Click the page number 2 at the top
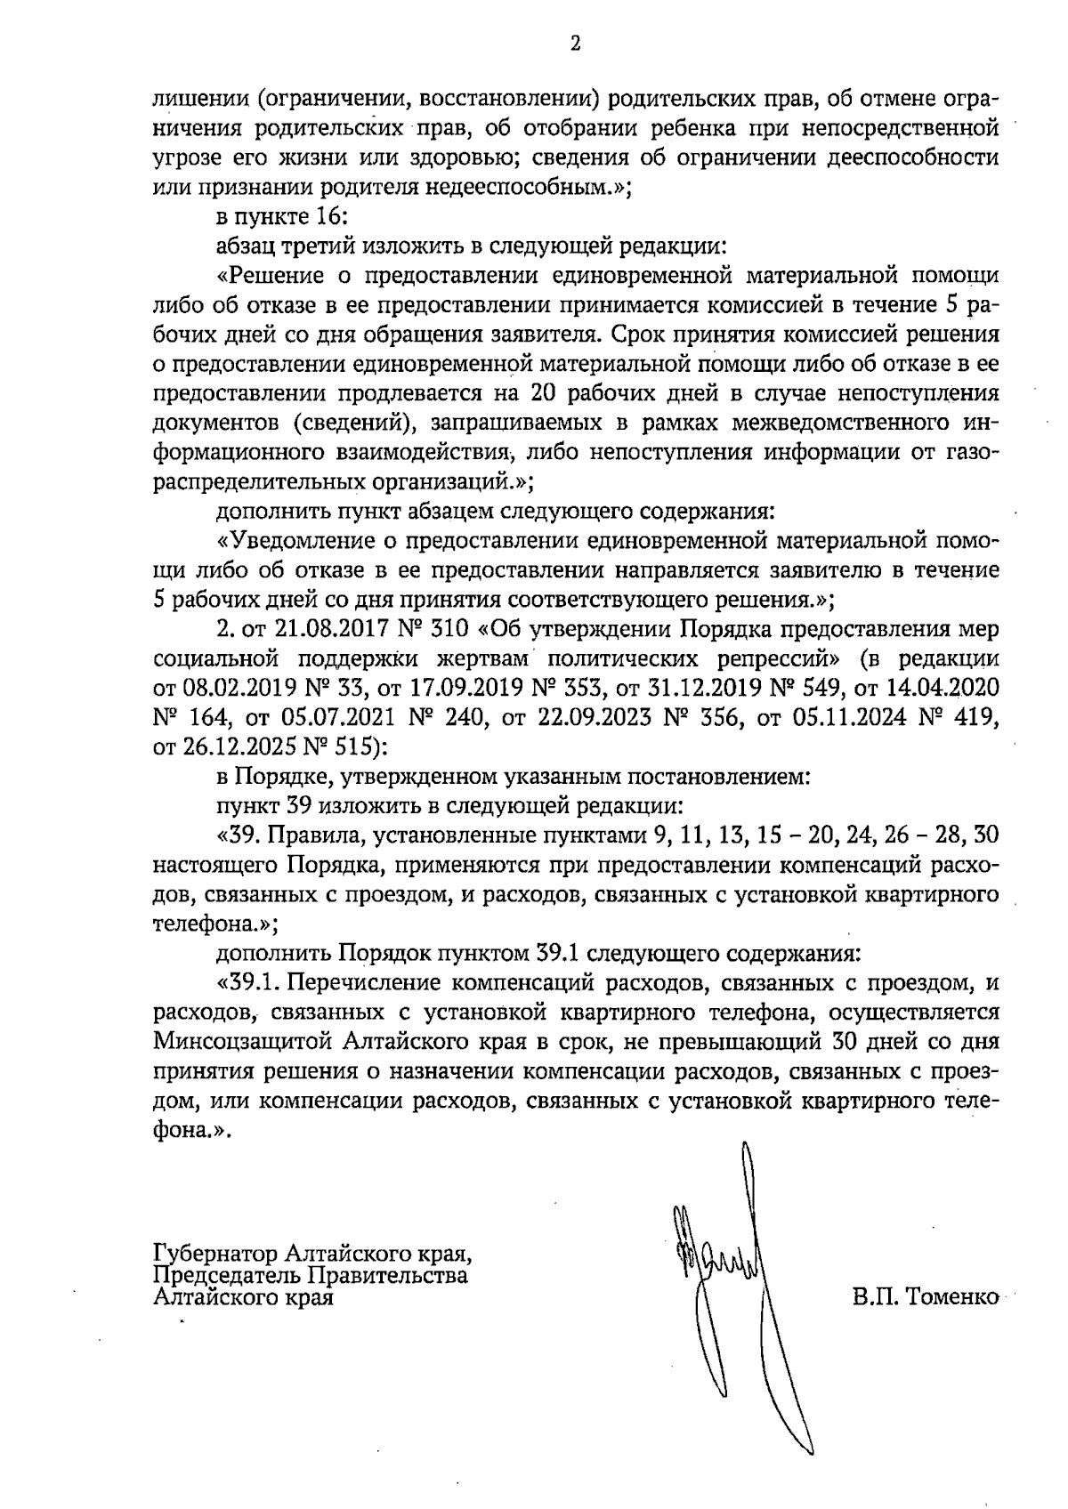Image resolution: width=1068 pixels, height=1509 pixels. tap(574, 44)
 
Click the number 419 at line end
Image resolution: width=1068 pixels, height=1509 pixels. tap(971, 718)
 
